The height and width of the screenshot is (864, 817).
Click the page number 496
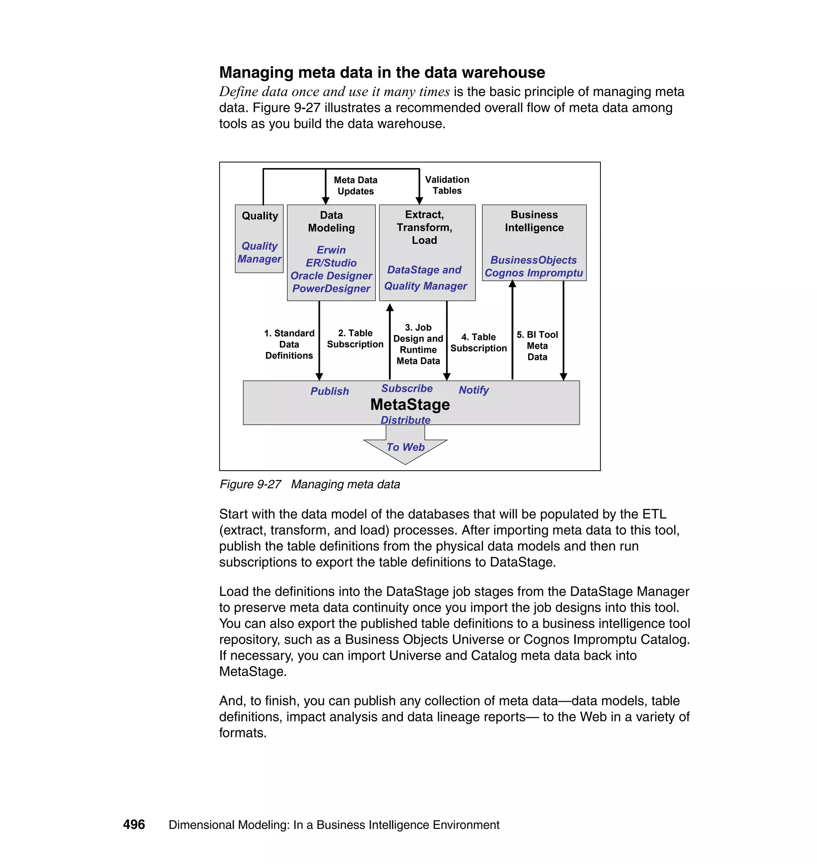click(134, 824)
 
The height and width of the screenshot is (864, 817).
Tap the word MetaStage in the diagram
click(410, 404)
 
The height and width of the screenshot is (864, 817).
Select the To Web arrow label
click(405, 447)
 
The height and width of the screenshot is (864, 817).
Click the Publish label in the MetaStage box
click(329, 391)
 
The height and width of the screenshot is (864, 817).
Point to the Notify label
click(474, 390)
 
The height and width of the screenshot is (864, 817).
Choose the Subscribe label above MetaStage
click(407, 388)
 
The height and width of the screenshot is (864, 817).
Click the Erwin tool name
click(331, 250)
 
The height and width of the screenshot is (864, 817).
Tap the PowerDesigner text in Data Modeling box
click(331, 289)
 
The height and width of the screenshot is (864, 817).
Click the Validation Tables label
click(447, 185)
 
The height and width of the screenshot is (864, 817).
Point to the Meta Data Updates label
click(355, 185)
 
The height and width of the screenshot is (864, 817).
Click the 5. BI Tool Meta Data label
click(537, 346)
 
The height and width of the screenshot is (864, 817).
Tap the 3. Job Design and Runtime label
click(418, 344)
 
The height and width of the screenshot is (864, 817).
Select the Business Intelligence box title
click(534, 221)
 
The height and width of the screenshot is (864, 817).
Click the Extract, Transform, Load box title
click(424, 227)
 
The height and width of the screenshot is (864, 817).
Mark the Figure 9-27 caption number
click(251, 484)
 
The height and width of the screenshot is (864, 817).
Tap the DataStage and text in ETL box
click(424, 270)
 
